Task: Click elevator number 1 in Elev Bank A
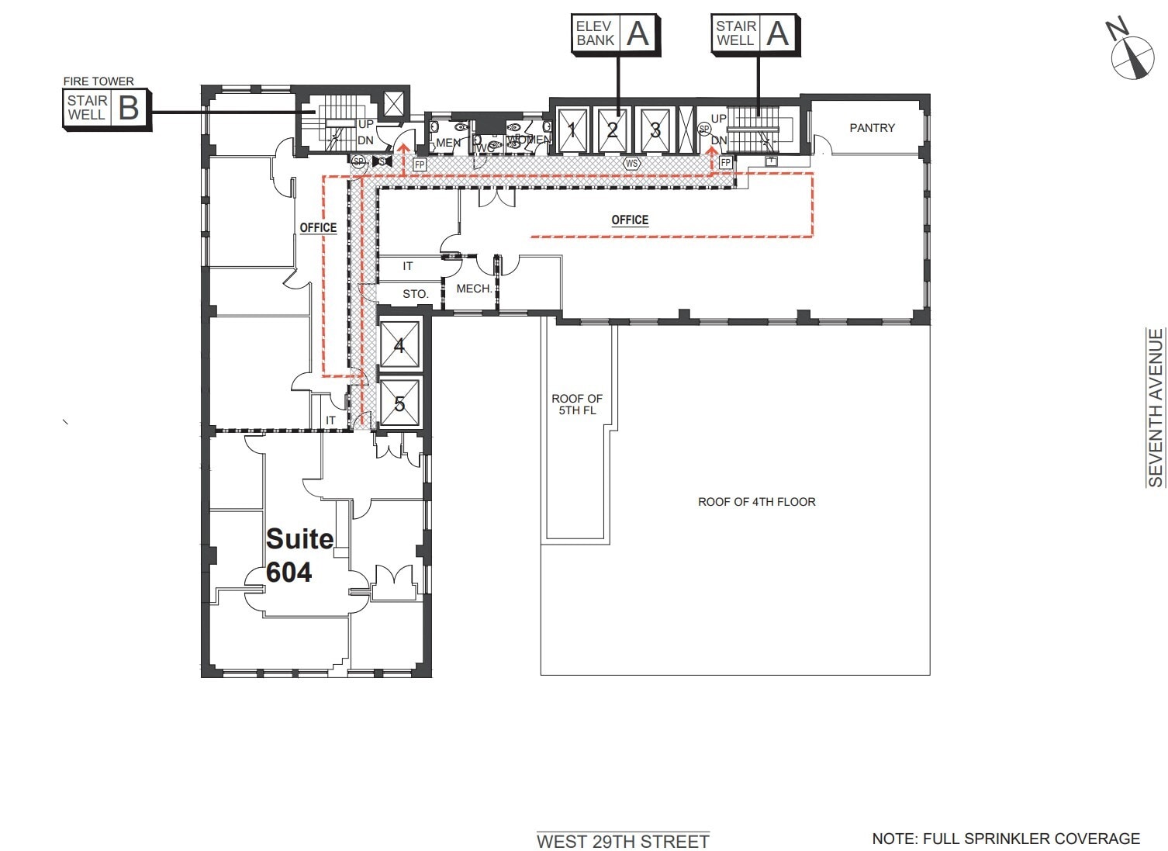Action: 572,130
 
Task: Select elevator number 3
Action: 655,130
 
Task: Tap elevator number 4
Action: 399,345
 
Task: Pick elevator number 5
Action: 399,403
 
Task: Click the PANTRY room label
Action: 872,128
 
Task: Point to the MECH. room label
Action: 473,289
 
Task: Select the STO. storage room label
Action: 415,294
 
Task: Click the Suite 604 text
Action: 299,555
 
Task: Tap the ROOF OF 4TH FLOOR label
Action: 756,502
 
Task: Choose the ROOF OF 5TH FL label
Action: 577,404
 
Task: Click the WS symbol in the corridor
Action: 631,164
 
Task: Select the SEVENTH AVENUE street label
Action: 1156,408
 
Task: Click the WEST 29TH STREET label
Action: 623,842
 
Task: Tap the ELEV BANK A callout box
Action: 615,33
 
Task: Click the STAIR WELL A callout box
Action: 755,33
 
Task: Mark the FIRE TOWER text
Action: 98,81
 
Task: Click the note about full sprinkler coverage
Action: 1006,839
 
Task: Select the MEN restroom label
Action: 448,143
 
